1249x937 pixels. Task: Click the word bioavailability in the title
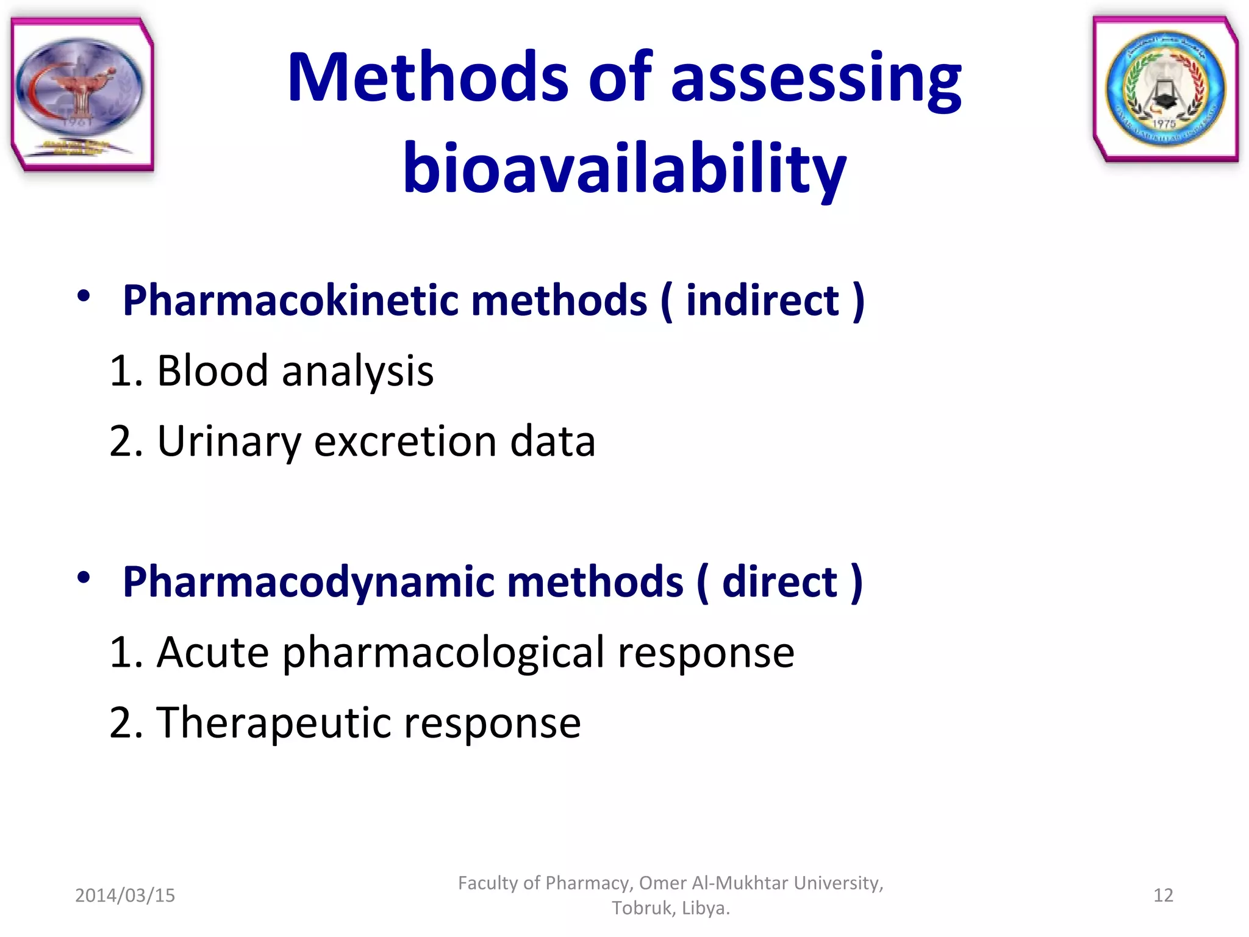click(x=624, y=168)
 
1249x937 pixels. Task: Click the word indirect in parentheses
click(x=762, y=301)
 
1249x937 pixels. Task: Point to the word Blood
click(x=212, y=371)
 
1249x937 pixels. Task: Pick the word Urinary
click(x=228, y=442)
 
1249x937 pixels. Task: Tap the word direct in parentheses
click(x=779, y=582)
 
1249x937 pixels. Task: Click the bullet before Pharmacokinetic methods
click(x=84, y=297)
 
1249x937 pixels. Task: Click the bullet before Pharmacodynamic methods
click(x=84, y=577)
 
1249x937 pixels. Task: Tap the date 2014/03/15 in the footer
click(x=125, y=895)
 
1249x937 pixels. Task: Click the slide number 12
click(x=1163, y=895)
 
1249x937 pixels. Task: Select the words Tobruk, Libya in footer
click(x=671, y=908)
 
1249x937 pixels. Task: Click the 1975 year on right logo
click(x=1164, y=124)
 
